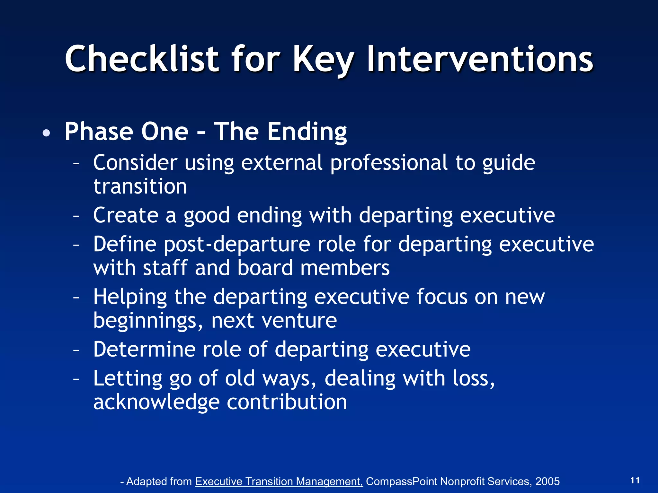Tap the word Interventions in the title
coord(480,59)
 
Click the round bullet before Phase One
coord(46,133)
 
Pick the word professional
coord(389,163)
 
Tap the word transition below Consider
coord(140,187)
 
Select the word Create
coord(126,215)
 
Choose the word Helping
coord(130,297)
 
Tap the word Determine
coord(144,349)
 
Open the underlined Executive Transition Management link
coord(279,481)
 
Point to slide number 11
coord(635,480)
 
